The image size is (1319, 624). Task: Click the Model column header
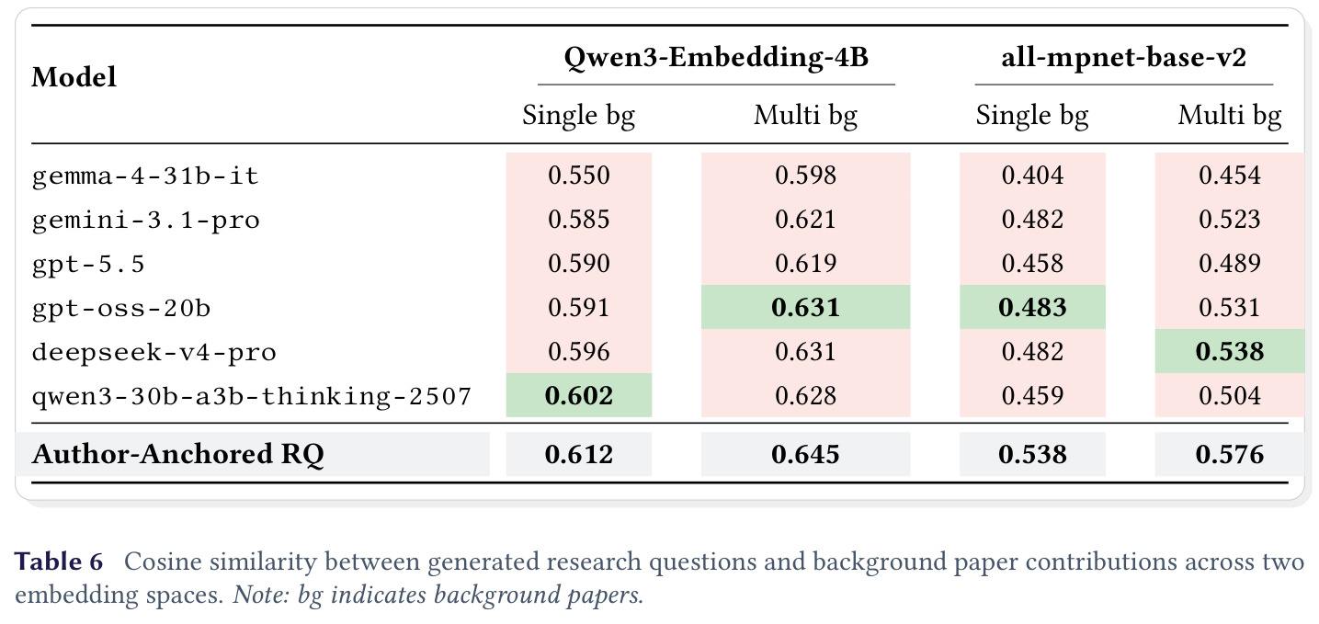click(x=74, y=77)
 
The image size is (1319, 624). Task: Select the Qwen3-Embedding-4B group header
click(x=716, y=58)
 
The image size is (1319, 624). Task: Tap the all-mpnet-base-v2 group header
click(x=1123, y=58)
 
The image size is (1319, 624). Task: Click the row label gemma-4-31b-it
click(x=145, y=176)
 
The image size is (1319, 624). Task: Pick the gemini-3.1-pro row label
click(x=145, y=221)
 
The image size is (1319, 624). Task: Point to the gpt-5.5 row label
click(x=88, y=265)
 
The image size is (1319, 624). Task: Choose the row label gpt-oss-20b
click(x=121, y=308)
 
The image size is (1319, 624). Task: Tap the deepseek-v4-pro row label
click(x=154, y=352)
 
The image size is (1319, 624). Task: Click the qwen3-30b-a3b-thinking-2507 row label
click(x=252, y=396)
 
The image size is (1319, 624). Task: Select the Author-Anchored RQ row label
click(x=177, y=455)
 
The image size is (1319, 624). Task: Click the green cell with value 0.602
click(x=579, y=395)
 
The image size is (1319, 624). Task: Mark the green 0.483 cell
click(x=1032, y=307)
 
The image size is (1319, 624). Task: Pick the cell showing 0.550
click(x=579, y=175)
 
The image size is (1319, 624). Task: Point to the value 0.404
click(x=1032, y=175)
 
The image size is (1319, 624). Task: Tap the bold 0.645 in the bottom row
click(x=805, y=455)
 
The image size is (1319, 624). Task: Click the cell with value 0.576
click(x=1230, y=455)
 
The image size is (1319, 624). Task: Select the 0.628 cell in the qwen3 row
click(x=805, y=395)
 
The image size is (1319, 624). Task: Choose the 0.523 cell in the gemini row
click(x=1230, y=219)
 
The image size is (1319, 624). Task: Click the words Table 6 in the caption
click(x=59, y=562)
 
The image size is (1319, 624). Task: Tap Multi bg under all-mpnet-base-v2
click(x=1230, y=116)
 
